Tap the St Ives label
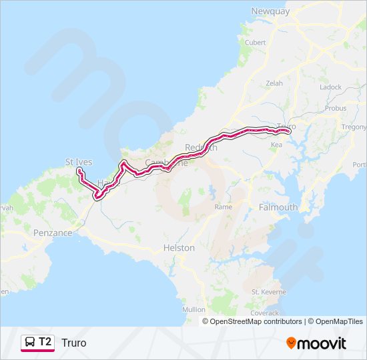click(x=79, y=162)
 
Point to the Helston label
click(x=179, y=248)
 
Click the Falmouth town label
click(x=278, y=207)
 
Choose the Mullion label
click(x=194, y=309)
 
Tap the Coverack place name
click(x=266, y=312)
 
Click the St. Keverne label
click(x=268, y=292)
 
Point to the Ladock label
click(x=330, y=87)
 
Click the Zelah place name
click(x=274, y=83)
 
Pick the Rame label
click(x=223, y=207)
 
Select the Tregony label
click(x=354, y=127)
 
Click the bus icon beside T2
click(x=30, y=342)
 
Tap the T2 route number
click(x=45, y=342)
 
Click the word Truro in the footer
click(x=73, y=343)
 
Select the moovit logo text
click(x=321, y=343)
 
